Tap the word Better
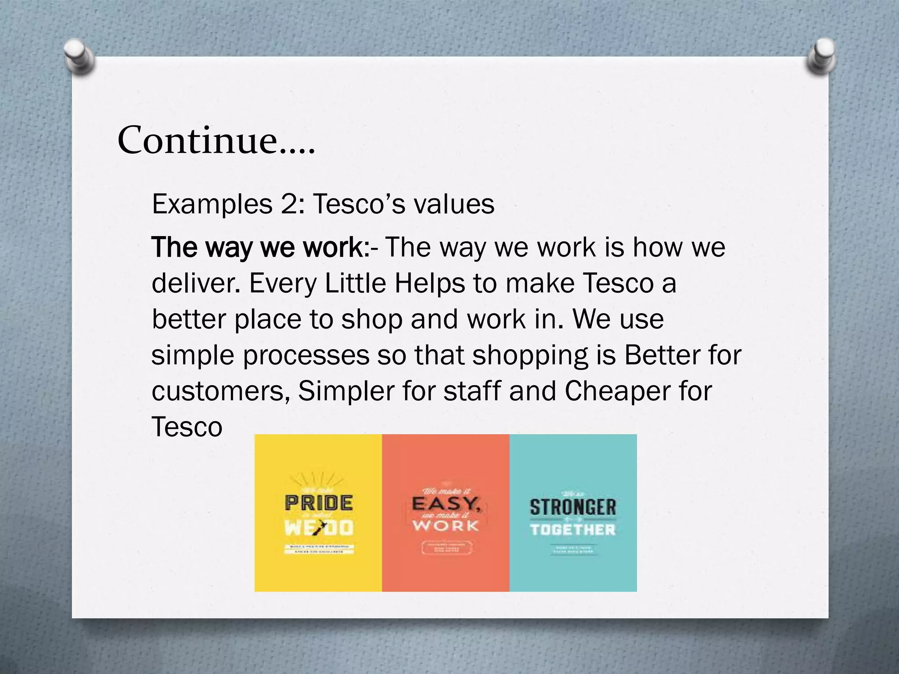click(661, 355)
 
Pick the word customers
click(219, 391)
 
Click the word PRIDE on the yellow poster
click(319, 503)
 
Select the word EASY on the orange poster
click(446, 503)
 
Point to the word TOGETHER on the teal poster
click(573, 530)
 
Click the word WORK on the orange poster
click(445, 525)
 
